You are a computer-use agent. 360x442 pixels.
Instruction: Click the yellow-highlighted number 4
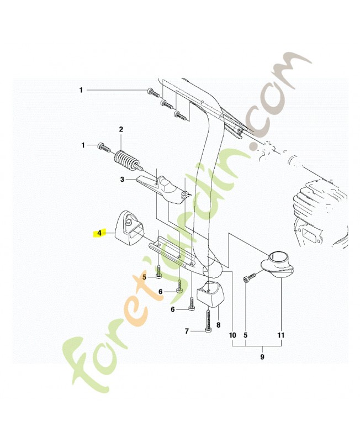(x=99, y=233)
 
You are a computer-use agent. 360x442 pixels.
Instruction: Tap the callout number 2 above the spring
(x=121, y=130)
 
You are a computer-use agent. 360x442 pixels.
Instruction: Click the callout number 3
(x=122, y=180)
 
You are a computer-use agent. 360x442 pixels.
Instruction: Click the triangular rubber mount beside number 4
(x=129, y=228)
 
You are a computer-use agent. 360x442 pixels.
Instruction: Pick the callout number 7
(x=187, y=331)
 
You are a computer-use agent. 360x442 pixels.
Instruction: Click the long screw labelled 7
(x=208, y=322)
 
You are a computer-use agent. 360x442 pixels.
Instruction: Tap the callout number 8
(x=218, y=325)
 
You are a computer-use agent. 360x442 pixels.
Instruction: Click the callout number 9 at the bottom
(x=262, y=357)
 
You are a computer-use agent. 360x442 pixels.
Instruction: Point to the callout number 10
(x=232, y=335)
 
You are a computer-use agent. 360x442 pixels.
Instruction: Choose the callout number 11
(x=281, y=335)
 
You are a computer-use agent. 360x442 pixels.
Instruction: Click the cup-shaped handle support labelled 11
(x=277, y=264)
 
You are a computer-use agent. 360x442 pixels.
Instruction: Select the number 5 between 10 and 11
(x=245, y=335)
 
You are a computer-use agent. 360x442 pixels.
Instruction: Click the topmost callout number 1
(x=81, y=90)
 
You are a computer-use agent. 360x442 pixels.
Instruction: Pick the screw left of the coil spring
(x=104, y=147)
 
